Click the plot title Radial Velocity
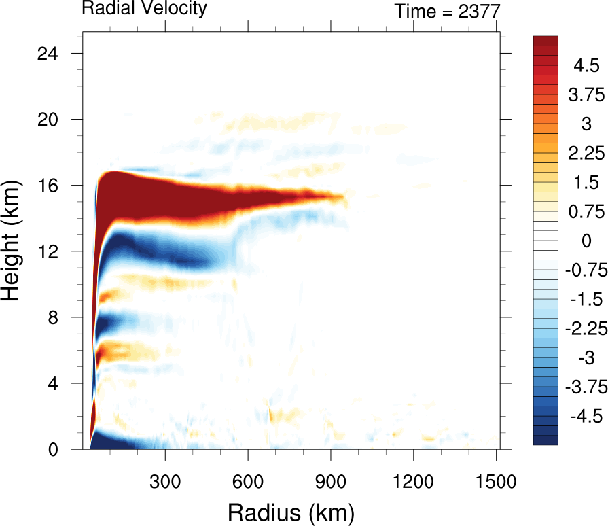[144, 8]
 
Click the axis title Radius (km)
[291, 511]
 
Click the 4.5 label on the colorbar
[586, 66]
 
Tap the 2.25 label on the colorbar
[586, 154]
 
